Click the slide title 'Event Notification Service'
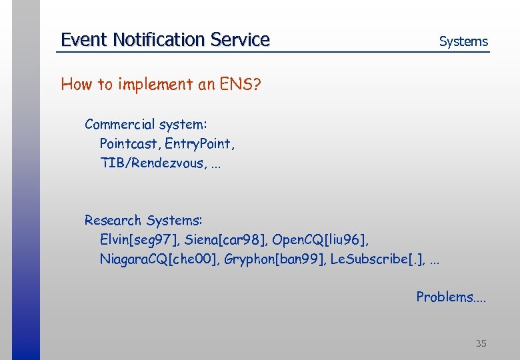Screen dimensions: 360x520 click(x=165, y=40)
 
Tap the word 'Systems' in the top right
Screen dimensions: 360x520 click(x=463, y=41)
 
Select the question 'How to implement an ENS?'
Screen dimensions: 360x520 click(x=160, y=85)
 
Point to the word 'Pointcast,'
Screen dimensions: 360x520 click(x=130, y=143)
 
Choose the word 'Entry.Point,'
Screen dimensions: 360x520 click(x=199, y=143)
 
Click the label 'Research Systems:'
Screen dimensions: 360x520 click(x=143, y=220)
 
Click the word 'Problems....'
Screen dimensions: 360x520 click(x=451, y=297)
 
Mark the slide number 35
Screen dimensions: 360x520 click(x=481, y=343)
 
